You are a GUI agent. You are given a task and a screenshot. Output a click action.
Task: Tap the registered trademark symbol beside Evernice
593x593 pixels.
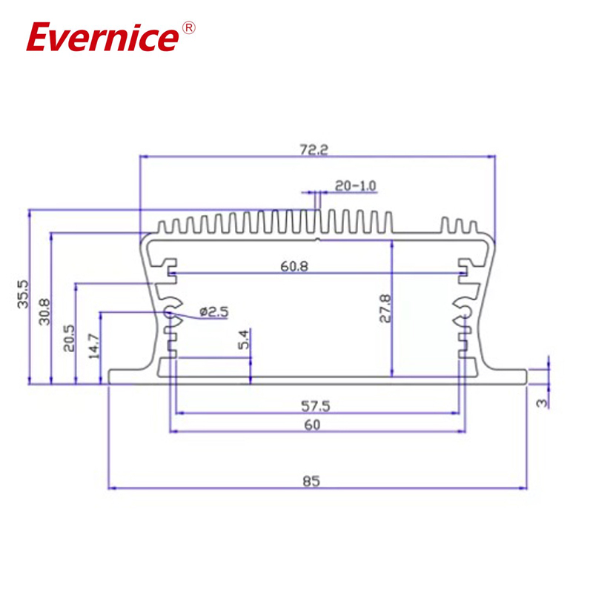(188, 29)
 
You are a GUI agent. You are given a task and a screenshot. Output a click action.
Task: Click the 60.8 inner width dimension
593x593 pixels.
(295, 268)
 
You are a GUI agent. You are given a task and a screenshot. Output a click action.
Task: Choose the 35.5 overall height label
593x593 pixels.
(22, 294)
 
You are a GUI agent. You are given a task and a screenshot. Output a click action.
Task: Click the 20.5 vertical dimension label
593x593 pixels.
(69, 338)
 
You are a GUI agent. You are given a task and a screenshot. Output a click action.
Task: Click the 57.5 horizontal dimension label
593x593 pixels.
(315, 405)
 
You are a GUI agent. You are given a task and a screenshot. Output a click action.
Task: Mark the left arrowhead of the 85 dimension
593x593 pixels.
(113, 488)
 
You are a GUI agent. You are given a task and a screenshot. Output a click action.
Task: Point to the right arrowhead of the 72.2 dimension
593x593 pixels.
(490, 156)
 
